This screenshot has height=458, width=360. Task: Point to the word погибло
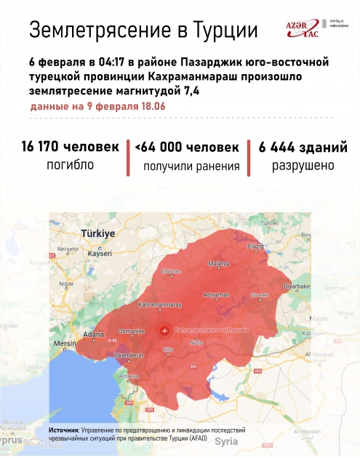(70, 165)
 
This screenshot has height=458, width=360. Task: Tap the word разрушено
(303, 165)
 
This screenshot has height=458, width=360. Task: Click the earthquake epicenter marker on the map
(164, 330)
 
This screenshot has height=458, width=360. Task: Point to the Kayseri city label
(100, 254)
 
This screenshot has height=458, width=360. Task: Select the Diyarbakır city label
(297, 286)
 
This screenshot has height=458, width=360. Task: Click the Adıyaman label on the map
(217, 295)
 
